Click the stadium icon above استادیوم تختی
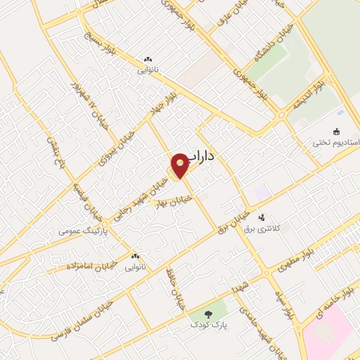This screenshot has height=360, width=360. point(336,131)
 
